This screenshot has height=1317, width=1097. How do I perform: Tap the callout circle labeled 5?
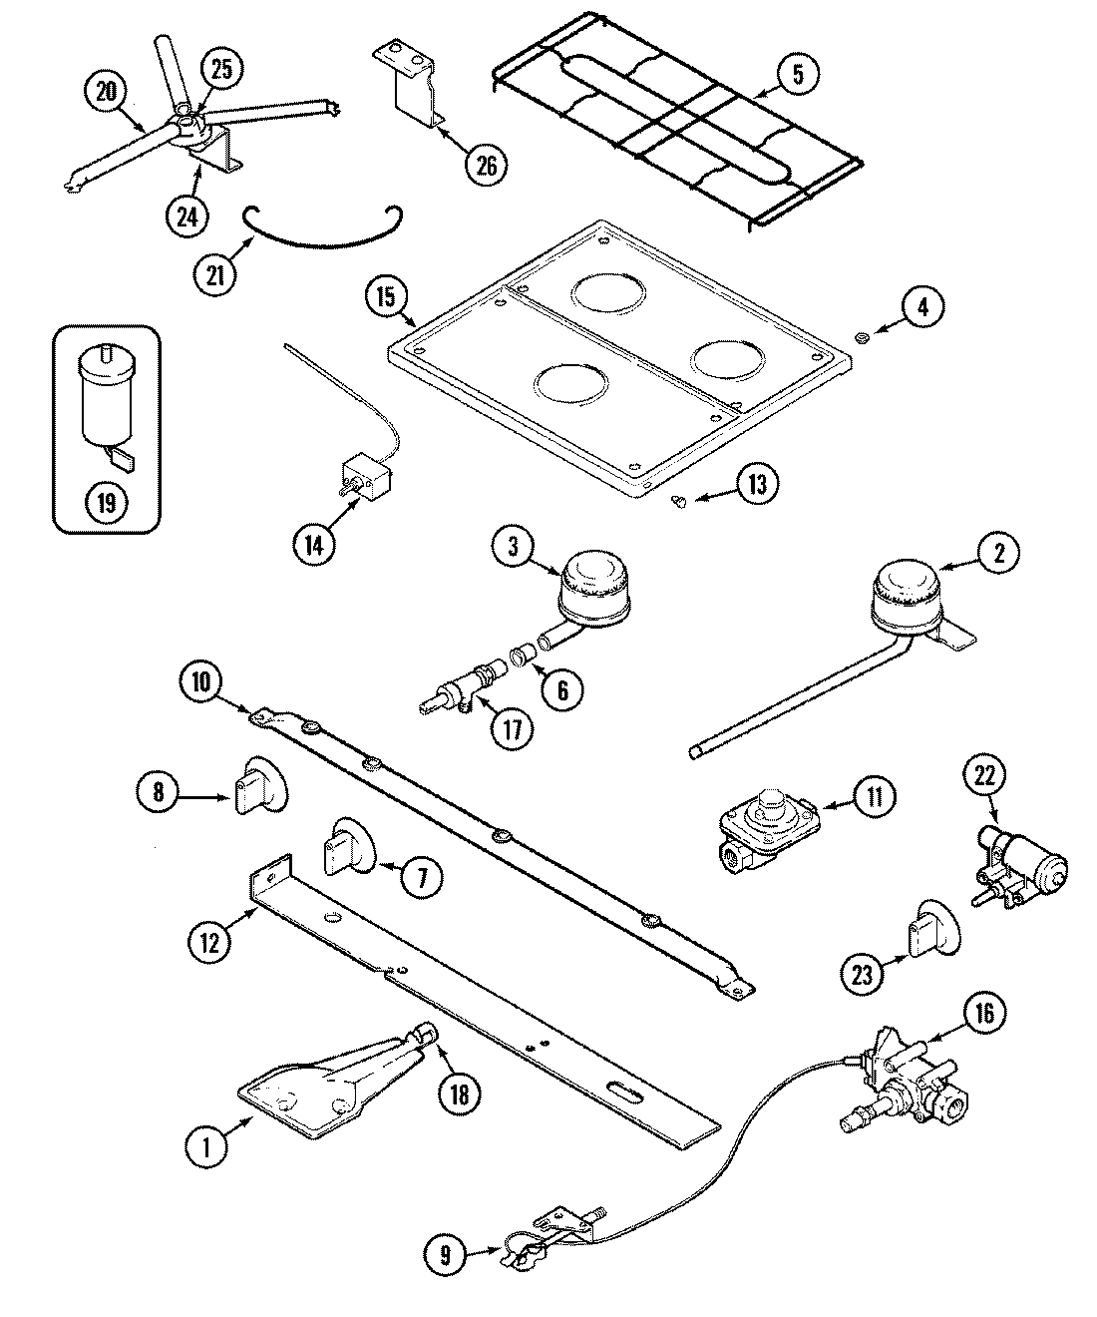pos(797,75)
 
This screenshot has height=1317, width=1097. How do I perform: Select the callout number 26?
pos(485,165)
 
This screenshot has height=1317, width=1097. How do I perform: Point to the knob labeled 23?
pos(932,931)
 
